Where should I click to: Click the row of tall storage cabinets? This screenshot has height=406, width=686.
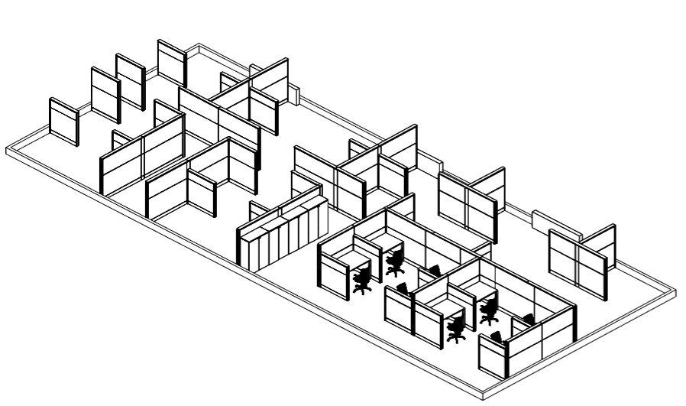tap(281, 232)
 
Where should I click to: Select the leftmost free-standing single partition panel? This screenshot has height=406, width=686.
tap(64, 122)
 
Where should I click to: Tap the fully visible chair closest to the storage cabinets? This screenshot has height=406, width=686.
tap(363, 280)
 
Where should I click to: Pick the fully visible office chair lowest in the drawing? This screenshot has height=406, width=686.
tap(457, 329)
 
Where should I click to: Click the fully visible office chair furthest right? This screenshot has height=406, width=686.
tap(489, 310)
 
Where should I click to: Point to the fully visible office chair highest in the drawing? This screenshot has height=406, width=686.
tap(395, 263)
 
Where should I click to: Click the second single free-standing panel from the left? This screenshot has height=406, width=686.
tap(105, 94)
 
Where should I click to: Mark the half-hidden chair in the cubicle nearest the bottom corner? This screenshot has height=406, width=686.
tap(497, 336)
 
